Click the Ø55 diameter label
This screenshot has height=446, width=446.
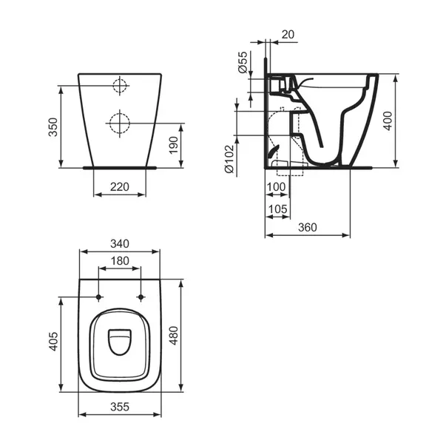pos(242,65)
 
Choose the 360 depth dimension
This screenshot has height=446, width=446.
pos(308,227)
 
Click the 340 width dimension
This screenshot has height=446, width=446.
pos(118,243)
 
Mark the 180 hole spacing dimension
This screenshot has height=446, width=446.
pos(118,260)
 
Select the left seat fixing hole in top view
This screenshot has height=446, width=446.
pos(98,297)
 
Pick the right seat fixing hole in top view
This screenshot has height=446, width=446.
pos(140,297)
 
